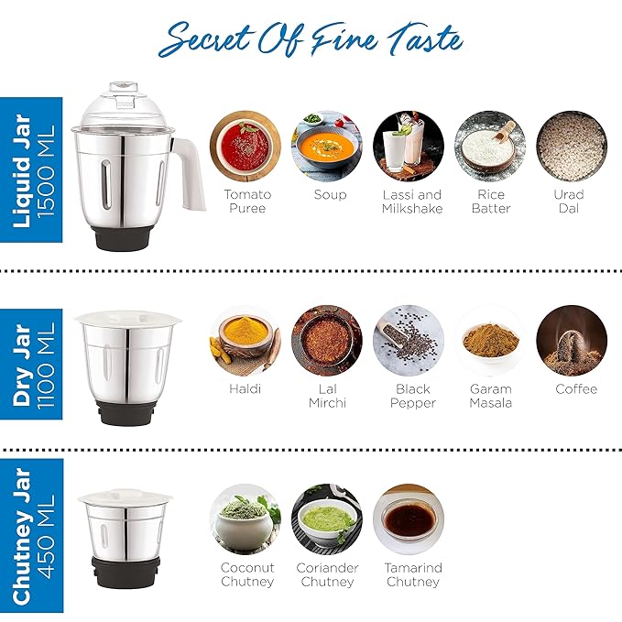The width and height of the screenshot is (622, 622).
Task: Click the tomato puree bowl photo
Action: (246, 146)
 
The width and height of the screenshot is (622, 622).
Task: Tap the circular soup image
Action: (327, 146)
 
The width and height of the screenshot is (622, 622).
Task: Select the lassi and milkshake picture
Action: (409, 146)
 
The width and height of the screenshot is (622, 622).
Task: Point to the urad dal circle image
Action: (572, 146)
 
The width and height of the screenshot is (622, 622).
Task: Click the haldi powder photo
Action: (246, 341)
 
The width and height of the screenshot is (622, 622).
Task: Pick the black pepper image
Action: (409, 341)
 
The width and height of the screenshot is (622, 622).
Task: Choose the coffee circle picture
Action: (572, 341)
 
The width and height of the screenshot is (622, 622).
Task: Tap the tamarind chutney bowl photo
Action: (409, 519)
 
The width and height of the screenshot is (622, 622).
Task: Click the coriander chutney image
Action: (327, 519)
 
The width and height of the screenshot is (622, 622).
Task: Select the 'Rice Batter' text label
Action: (491, 202)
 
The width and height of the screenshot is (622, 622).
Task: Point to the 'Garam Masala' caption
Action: (491, 396)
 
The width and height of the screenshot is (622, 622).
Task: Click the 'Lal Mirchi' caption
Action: (327, 396)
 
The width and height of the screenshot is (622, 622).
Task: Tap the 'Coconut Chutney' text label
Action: (247, 574)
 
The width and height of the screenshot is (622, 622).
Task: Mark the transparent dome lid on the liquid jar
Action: (124, 106)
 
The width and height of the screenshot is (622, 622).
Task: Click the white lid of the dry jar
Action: (127, 319)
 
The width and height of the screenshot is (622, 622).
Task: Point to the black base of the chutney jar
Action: (125, 573)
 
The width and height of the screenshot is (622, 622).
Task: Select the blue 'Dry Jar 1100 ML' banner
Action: (31, 365)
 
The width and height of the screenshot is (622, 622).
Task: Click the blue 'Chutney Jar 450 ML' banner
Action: (31, 536)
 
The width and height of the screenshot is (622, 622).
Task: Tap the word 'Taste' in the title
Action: (425, 39)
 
